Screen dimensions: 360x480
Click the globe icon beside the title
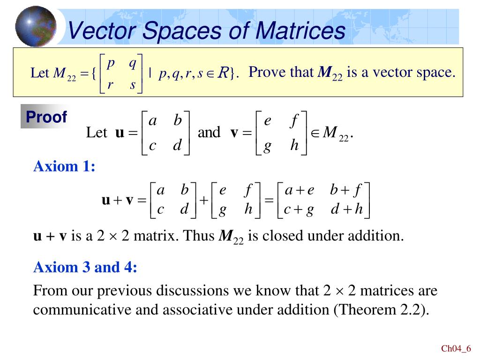tap(36, 26)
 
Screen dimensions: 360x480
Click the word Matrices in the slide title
tap(300, 31)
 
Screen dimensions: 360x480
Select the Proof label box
tap(46, 117)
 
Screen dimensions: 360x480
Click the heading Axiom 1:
tap(64, 166)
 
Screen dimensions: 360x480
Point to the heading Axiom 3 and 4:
tap(85, 268)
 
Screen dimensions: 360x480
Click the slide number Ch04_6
tap(456, 348)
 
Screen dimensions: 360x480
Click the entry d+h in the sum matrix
tap(347, 209)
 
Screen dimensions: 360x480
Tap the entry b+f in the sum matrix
tap(346, 191)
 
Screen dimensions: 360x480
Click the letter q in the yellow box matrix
tap(133, 62)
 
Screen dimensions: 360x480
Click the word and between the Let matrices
tap(209, 133)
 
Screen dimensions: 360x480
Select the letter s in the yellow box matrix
tap(133, 85)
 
